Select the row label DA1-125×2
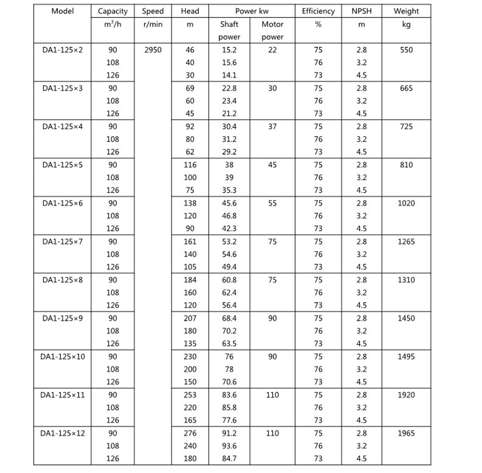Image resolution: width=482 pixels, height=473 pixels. (63, 50)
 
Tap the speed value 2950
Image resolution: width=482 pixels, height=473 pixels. (153, 50)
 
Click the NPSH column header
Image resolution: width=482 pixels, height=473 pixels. (362, 12)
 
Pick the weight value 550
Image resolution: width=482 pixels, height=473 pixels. (406, 50)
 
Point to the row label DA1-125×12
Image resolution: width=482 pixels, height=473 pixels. (63, 433)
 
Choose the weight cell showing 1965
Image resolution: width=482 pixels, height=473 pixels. (406, 433)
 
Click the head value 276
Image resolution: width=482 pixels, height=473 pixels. (190, 433)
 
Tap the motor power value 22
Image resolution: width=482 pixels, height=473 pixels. (272, 50)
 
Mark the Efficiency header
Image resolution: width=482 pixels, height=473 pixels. (318, 12)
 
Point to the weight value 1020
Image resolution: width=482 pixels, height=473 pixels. (406, 203)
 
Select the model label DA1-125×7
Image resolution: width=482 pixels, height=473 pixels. (63, 241)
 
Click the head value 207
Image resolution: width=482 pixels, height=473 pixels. (190, 318)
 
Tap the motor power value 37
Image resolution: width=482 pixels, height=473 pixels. (272, 126)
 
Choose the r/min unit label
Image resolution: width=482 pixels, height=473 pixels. (153, 24)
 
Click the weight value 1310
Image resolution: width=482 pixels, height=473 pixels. (406, 280)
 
